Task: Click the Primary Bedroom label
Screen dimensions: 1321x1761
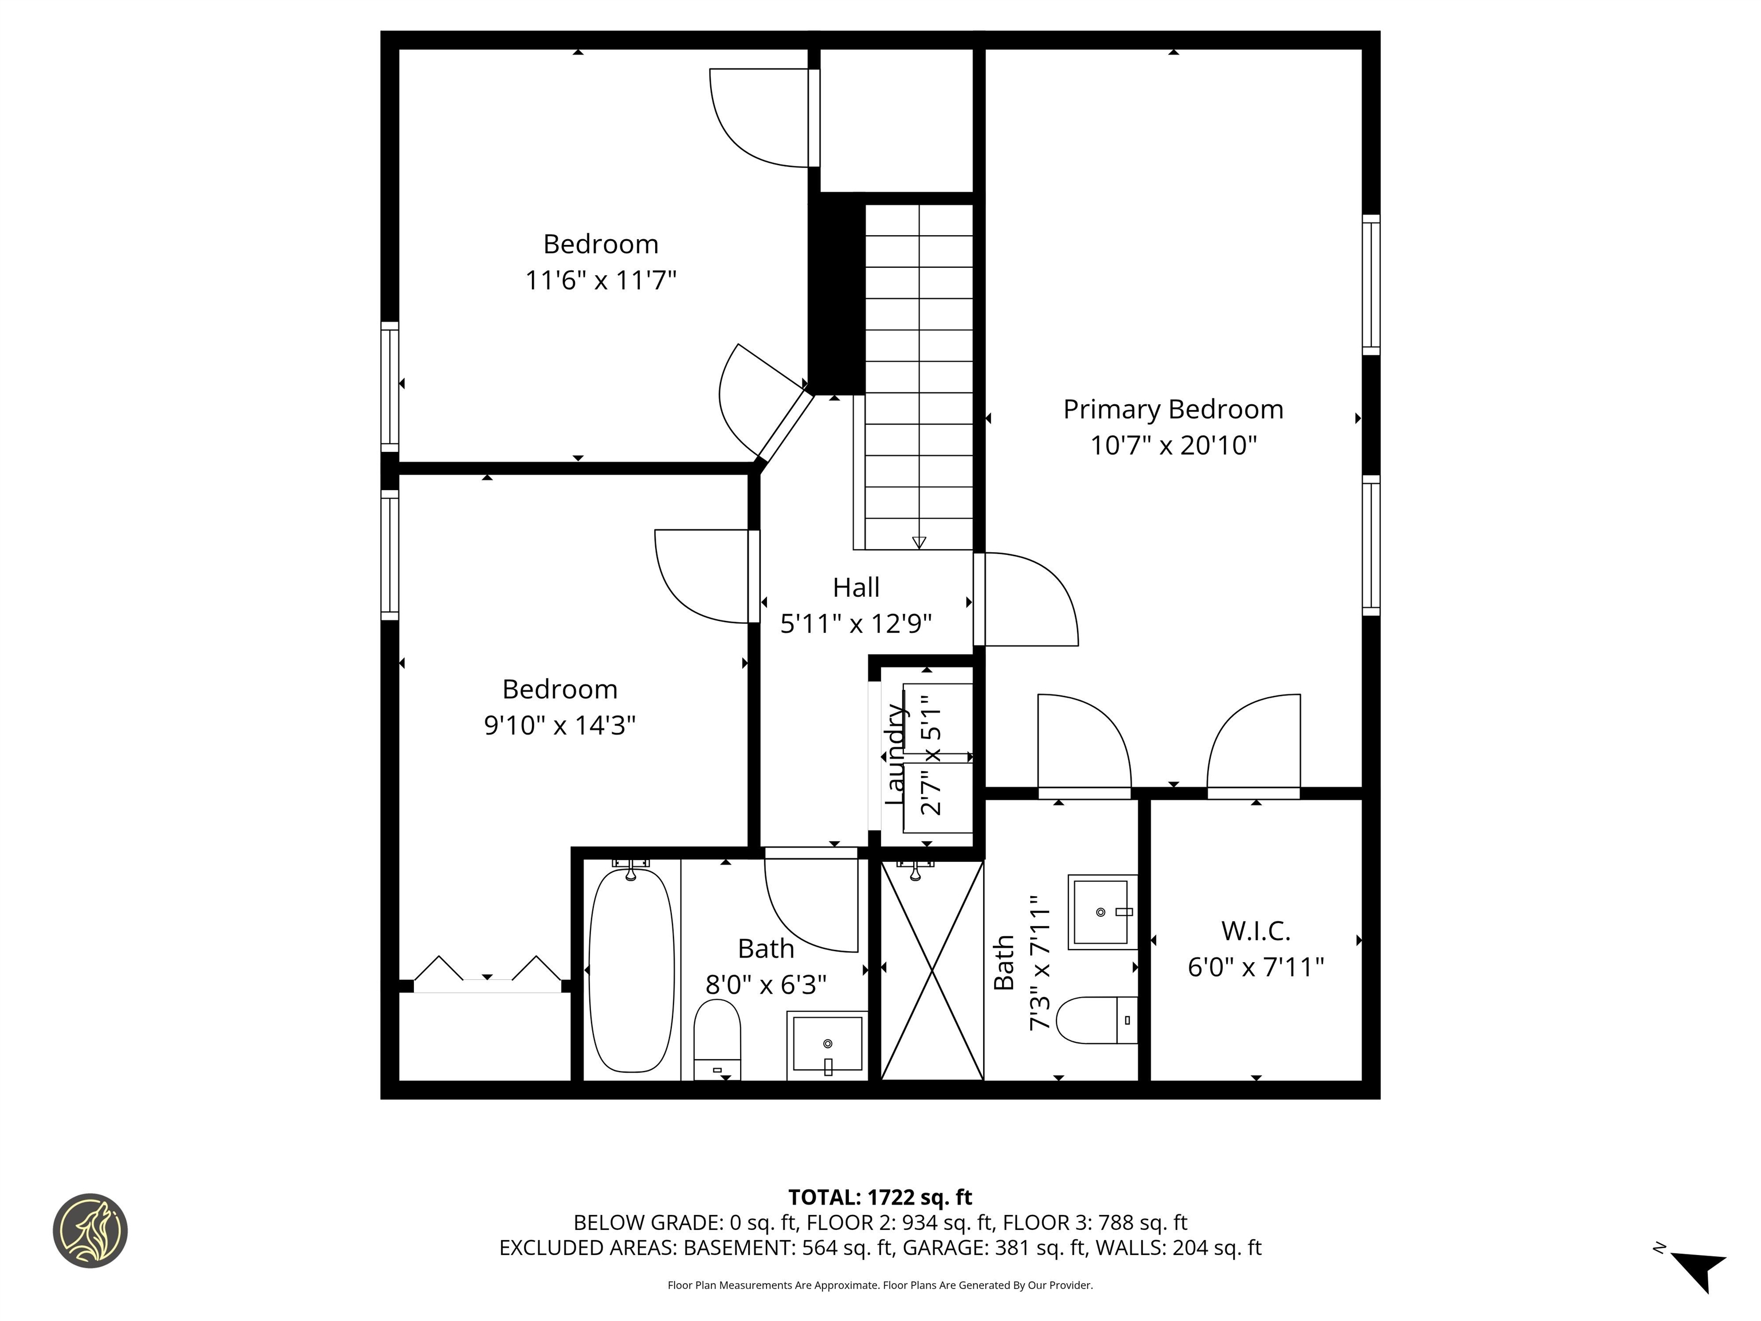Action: coord(1173,409)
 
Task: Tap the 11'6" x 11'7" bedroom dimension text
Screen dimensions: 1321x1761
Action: coord(600,280)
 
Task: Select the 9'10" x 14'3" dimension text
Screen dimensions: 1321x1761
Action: coord(559,725)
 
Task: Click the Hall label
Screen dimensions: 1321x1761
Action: coord(856,588)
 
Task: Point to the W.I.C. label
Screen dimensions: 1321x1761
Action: coord(1255,931)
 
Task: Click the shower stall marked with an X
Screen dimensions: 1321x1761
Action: coord(932,971)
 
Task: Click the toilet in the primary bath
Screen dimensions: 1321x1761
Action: coord(1096,1020)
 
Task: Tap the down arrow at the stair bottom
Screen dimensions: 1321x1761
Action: coord(919,542)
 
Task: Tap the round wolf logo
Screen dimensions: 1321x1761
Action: coord(90,1230)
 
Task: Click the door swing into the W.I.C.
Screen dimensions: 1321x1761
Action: coord(1254,745)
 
